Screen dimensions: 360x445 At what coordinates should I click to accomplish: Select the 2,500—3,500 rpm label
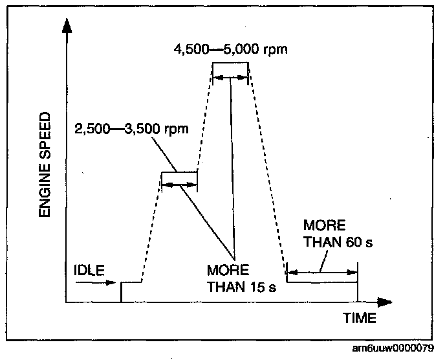131,128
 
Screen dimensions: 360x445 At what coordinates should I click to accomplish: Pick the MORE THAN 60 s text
339,235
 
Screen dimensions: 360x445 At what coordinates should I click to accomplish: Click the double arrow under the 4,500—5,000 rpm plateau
231,77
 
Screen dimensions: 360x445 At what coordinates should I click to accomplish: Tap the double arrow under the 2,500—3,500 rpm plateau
179,185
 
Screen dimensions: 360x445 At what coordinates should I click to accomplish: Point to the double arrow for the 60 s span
321,271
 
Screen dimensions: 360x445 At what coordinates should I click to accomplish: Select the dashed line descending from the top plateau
267,172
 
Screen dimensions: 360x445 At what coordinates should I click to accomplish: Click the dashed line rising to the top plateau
204,117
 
